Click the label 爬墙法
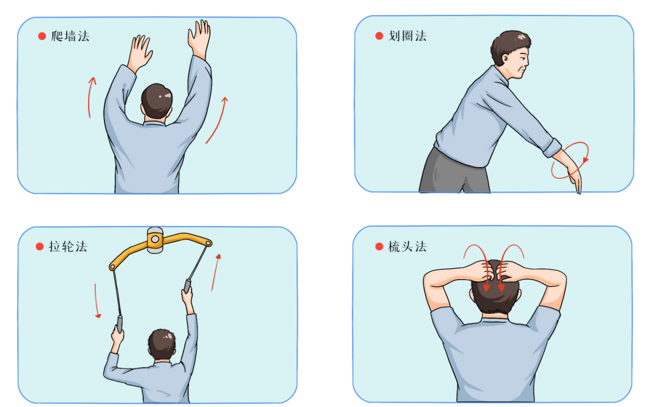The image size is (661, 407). pos(70,37)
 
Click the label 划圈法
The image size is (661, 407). pos(408,36)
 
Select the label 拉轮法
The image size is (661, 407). pos(68,247)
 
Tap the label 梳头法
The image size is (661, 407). pos(408,247)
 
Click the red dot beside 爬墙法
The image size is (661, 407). pos(42,37)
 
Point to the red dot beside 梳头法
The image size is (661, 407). pos(379,247)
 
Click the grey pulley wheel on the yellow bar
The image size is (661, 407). pos(155,240)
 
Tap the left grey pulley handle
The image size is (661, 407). pos(120,324)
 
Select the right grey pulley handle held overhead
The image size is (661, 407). pos(187,286)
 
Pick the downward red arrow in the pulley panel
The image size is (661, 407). pos(96,301)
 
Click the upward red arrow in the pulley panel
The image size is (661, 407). pos(216,273)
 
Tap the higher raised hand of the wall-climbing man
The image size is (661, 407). pos(199,38)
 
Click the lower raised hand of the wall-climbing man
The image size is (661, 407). pos(139,53)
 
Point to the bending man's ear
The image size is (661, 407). pos(506,58)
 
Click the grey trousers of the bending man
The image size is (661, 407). pos(454,173)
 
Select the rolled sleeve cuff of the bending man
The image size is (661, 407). pos(552,148)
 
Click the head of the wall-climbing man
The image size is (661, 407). pos(157,101)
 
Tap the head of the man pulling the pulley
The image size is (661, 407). pos(162,344)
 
